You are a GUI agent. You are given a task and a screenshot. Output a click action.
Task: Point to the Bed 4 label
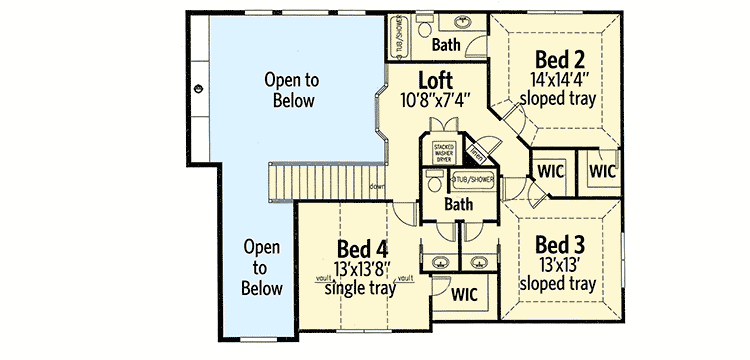coord(362,249)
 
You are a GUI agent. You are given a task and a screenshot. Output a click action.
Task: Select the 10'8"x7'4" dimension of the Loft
coord(435,99)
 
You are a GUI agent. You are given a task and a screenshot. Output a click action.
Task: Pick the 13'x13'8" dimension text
coord(362,269)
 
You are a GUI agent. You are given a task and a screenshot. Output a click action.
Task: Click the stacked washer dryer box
coord(443,152)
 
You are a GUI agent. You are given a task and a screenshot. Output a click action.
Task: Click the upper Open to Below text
coord(290,89)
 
